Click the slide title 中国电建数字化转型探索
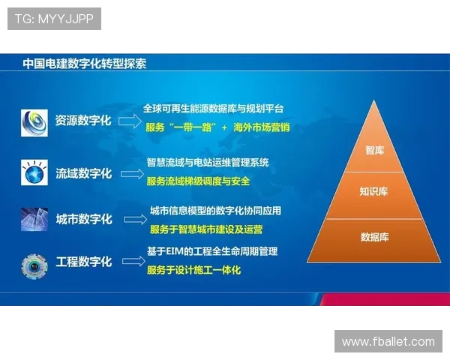[84, 64]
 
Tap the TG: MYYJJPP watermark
[54, 19]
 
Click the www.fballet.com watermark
[388, 341]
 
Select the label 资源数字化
[83, 120]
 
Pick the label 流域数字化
[83, 174]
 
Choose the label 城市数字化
[83, 219]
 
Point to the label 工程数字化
[83, 262]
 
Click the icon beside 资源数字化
[34, 121]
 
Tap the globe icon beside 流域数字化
[34, 174]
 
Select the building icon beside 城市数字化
[34, 219]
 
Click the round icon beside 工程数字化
[34, 264]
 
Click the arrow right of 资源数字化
[130, 120]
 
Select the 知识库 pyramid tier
[373, 191]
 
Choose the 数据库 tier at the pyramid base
[373, 237]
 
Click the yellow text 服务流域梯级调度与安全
[198, 181]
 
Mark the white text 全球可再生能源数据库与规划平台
[213, 109]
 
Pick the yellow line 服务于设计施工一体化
[194, 269]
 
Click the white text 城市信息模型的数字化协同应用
[215, 211]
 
